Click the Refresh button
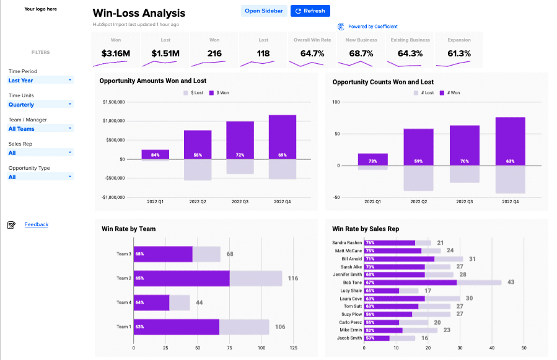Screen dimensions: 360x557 click(x=310, y=11)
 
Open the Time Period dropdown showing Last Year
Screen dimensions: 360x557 click(x=40, y=80)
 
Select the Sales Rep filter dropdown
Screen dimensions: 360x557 click(x=40, y=152)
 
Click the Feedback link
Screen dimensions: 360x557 click(x=37, y=224)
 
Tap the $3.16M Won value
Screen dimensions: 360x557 click(x=116, y=53)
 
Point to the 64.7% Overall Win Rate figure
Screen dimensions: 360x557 click(x=313, y=53)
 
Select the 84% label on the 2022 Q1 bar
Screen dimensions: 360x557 click(x=155, y=155)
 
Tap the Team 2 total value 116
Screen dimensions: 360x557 click(x=293, y=278)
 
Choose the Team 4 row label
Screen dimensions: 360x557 click(x=124, y=302)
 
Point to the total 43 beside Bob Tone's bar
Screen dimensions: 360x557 click(x=511, y=283)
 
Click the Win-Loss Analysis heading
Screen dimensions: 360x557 click(x=139, y=13)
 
